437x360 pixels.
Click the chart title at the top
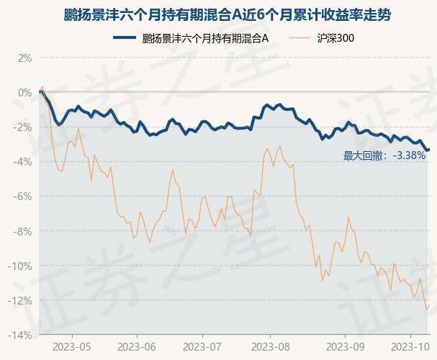click(218, 14)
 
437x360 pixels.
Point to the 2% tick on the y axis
click(24, 58)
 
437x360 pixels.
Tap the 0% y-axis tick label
click(24, 92)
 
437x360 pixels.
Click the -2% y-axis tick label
click(23, 127)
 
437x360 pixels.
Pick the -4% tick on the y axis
click(23, 162)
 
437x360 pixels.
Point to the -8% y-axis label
click(23, 231)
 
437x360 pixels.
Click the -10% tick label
click(21, 266)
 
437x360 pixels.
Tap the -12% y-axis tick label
click(21, 300)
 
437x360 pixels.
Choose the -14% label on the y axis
click(21, 335)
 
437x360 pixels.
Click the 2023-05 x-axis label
click(72, 346)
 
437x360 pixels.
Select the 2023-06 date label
click(138, 346)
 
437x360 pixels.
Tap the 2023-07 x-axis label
click(203, 346)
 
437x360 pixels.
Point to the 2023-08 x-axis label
click(269, 346)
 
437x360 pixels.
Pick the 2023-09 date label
click(337, 346)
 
